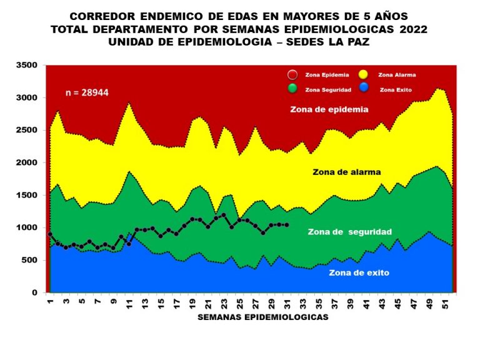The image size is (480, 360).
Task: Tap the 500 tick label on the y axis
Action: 32,260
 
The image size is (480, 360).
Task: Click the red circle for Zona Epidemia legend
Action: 292,74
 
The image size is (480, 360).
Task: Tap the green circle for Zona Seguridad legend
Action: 292,88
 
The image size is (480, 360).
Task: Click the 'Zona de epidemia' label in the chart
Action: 329,109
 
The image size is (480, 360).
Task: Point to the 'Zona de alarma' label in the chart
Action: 346,171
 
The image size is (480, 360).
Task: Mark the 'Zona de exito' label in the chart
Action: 359,272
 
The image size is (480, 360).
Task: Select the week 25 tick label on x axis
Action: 240,304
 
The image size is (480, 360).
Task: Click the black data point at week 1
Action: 50,234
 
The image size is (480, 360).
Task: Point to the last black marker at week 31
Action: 287,225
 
